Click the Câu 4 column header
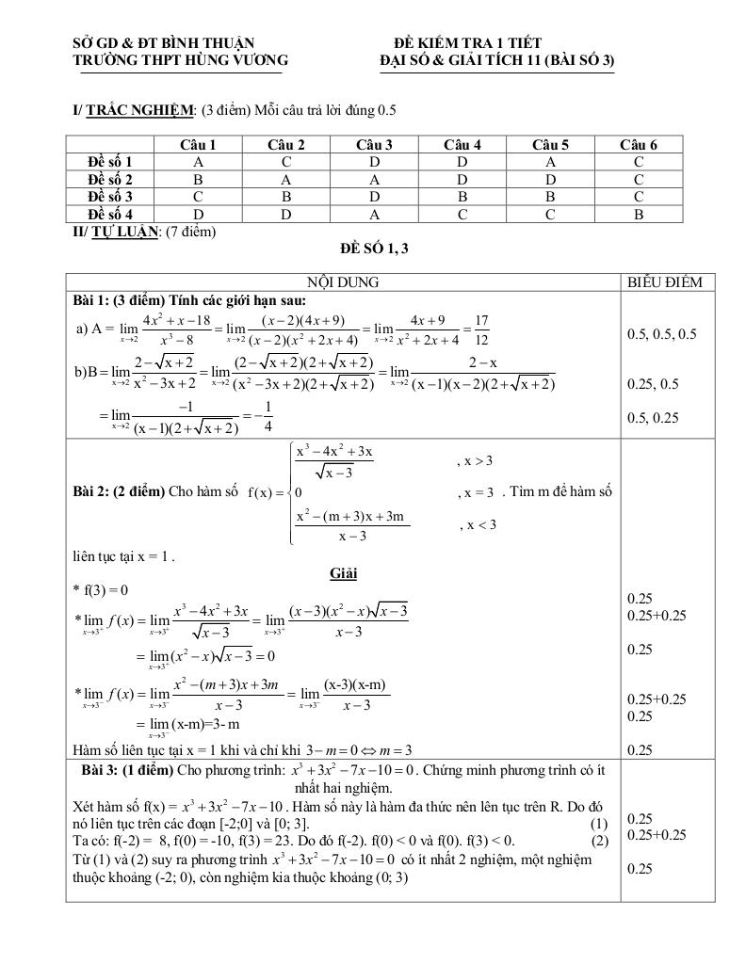(x=462, y=144)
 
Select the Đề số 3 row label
(x=109, y=197)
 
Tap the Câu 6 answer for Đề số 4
(x=639, y=214)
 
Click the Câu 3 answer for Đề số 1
(x=374, y=162)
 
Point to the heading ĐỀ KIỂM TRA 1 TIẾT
(x=467, y=43)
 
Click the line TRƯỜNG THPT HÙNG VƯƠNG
(x=181, y=61)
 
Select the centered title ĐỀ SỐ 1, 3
(x=374, y=249)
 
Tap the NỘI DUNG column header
(x=343, y=281)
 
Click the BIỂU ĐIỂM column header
(x=665, y=281)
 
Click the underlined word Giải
(x=343, y=573)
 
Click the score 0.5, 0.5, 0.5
(x=661, y=334)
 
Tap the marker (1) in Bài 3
(x=600, y=823)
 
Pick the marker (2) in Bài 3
(x=600, y=840)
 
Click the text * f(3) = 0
(x=100, y=590)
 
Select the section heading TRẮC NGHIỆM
(x=139, y=110)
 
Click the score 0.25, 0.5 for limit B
(x=653, y=384)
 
